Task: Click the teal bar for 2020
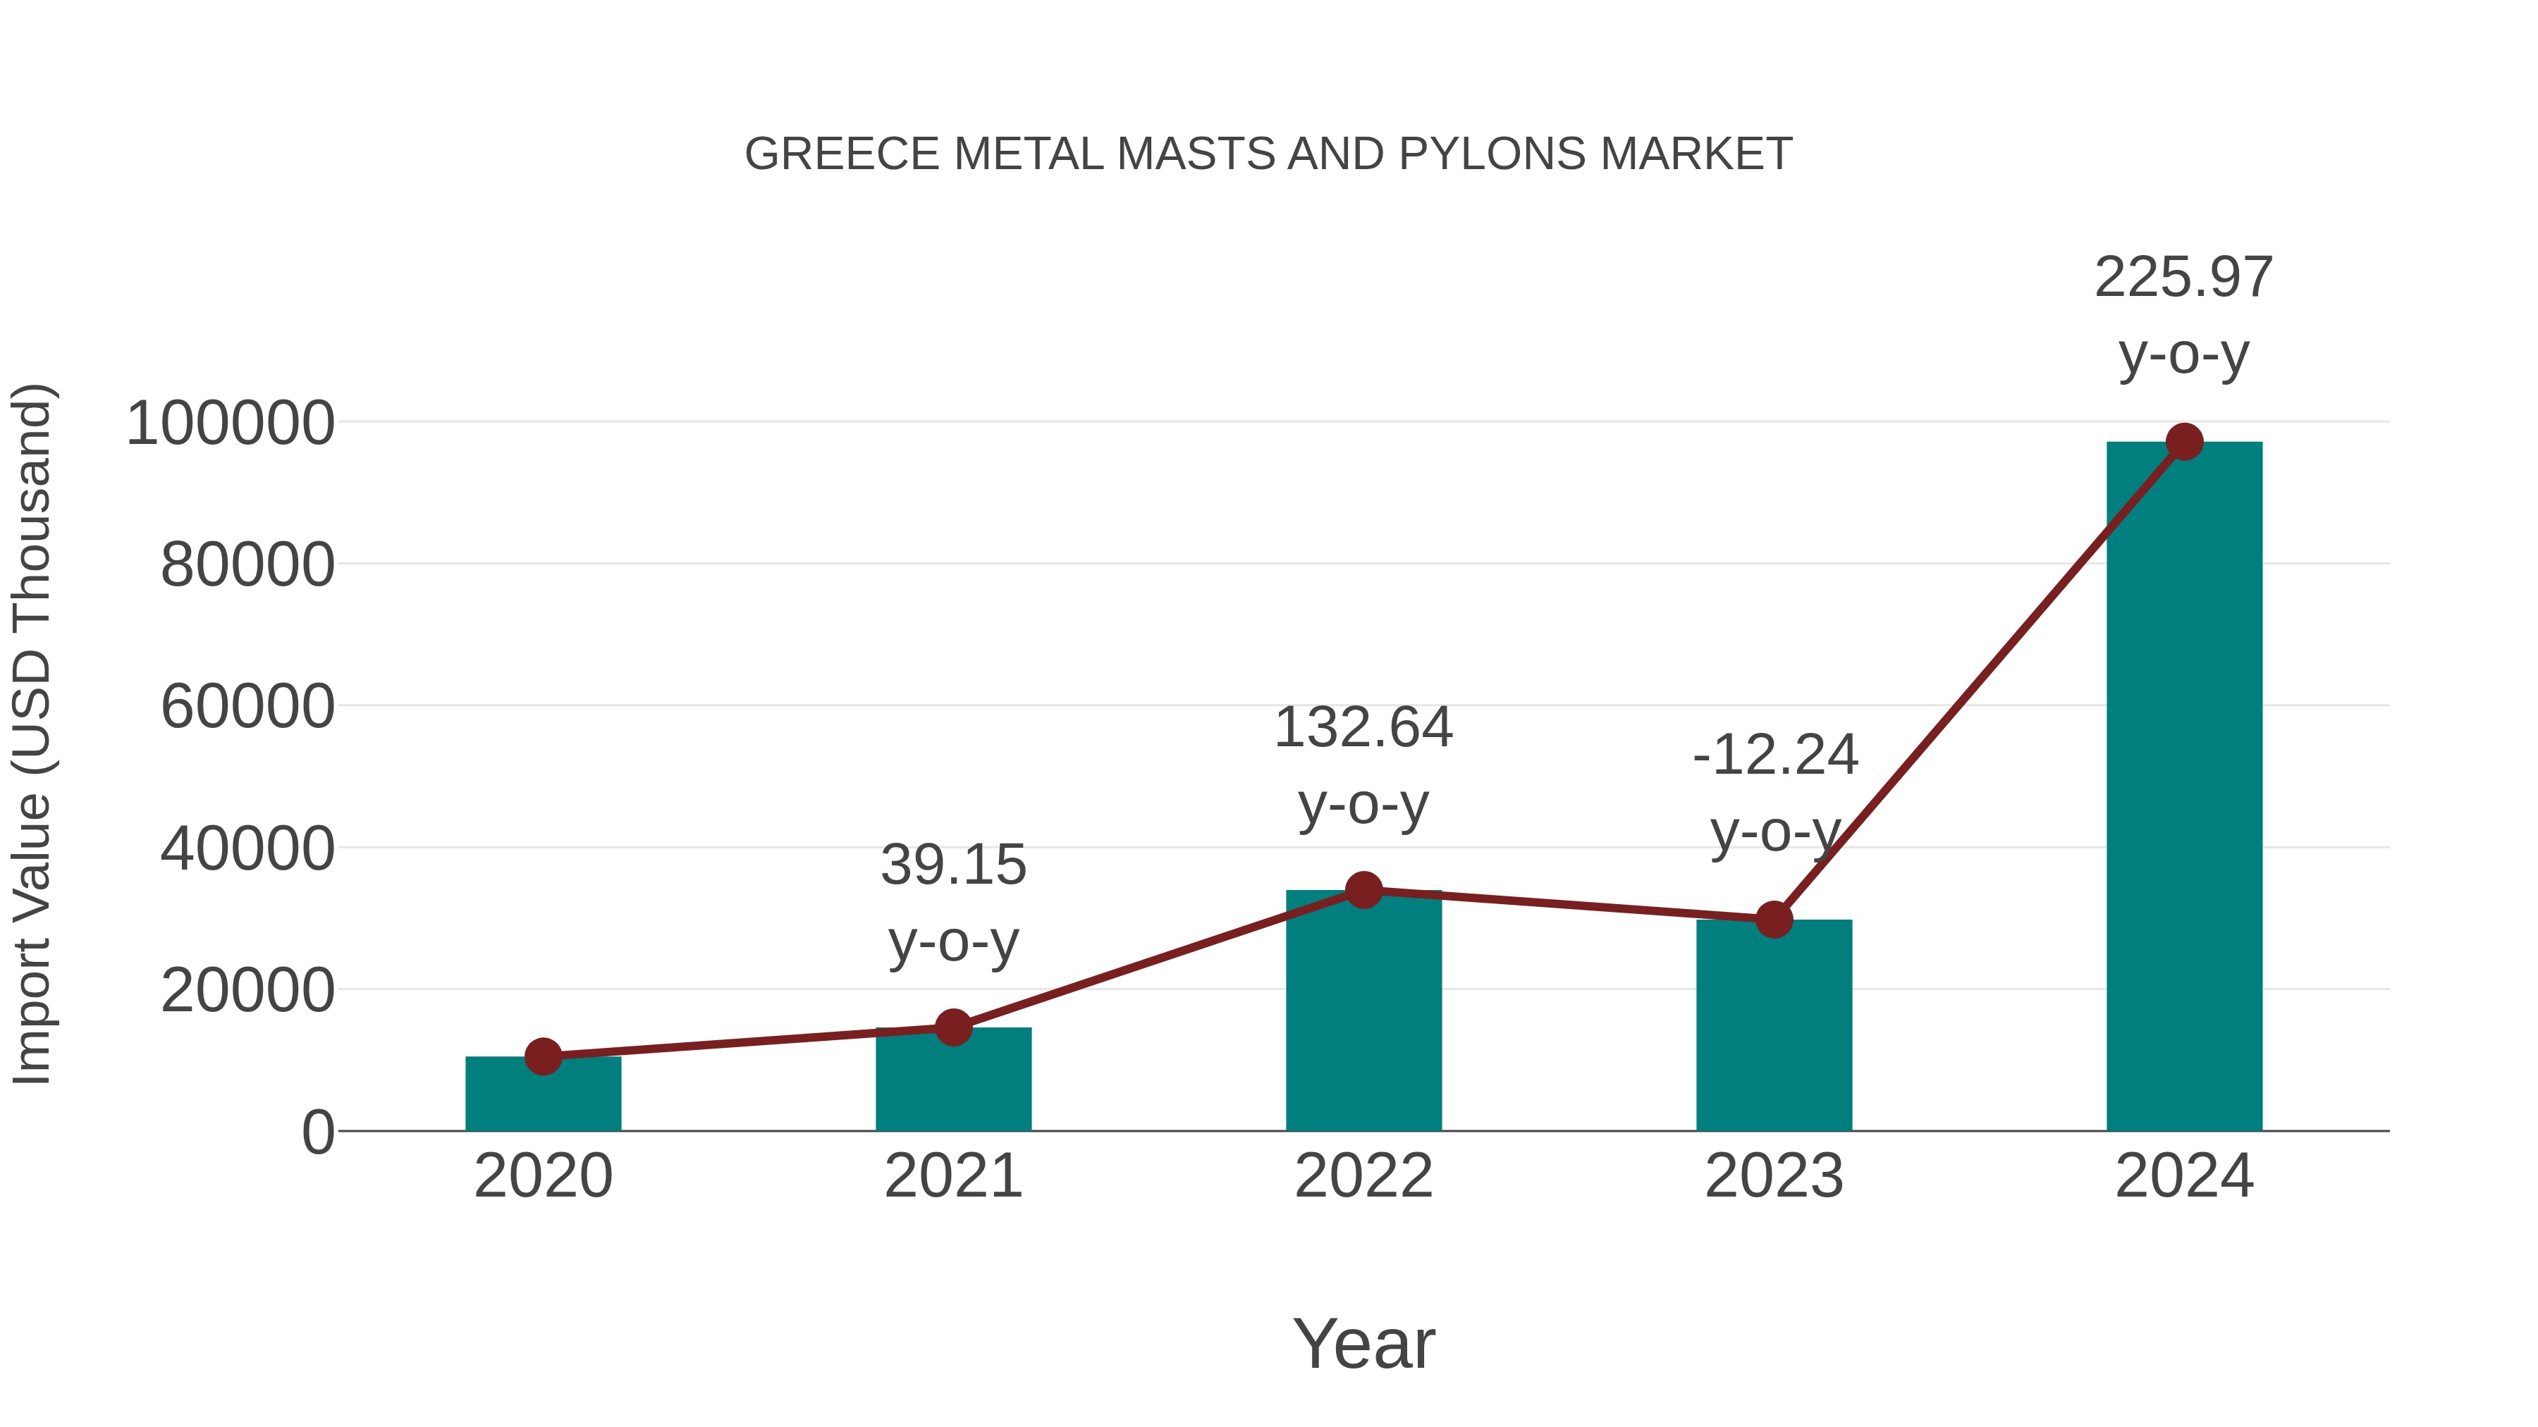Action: pos(543,1095)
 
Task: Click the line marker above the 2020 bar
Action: pos(543,1057)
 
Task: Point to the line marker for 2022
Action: pos(1363,890)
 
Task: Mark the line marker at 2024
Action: pos(2184,442)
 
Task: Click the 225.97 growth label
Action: pos(2183,278)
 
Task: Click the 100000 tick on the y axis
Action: pos(231,424)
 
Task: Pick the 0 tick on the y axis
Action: pos(318,1132)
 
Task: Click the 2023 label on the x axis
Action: pos(1774,1177)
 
